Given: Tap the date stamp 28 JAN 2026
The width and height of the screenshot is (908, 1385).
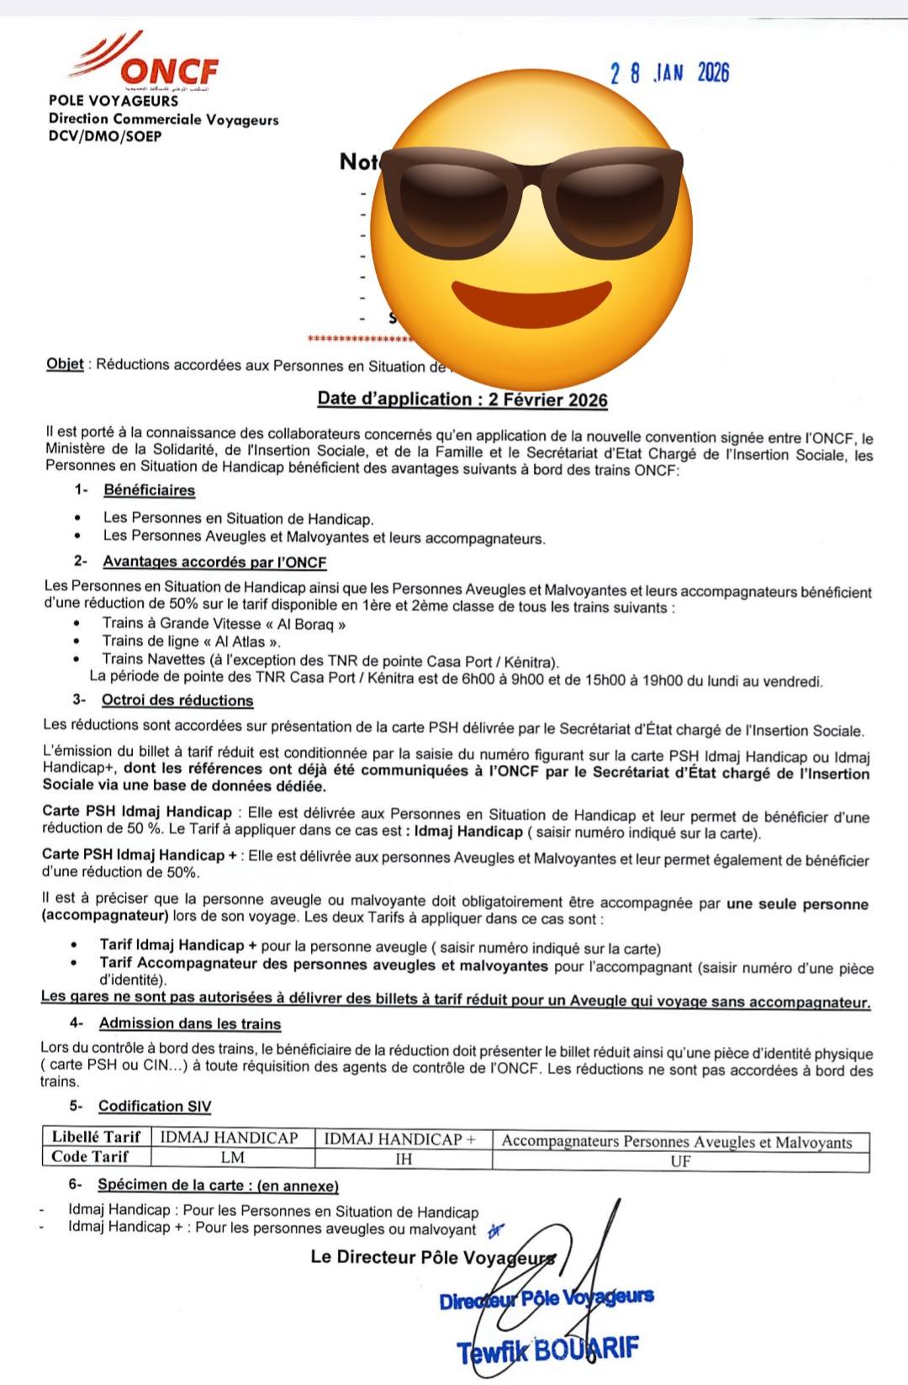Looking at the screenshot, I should pos(669,73).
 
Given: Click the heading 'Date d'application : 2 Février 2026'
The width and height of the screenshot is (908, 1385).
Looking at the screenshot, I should pos(462,399).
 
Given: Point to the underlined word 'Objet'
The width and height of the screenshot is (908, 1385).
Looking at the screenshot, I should pos(65,364).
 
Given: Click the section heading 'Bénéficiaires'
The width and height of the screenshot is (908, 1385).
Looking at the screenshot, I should pos(150,490).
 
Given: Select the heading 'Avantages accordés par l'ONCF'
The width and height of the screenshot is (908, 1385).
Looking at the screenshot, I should pos(214,562).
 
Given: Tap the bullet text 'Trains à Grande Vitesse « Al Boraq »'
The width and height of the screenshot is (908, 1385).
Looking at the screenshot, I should pos(224,624).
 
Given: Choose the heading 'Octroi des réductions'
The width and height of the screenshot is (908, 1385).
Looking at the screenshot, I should pos(177,700).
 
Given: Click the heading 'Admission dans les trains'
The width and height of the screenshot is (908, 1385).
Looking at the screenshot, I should pos(190,1024).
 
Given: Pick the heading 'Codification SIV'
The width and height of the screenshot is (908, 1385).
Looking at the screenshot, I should pos(155,1107).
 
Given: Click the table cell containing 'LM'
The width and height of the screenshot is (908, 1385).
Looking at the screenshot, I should pos(232,1158).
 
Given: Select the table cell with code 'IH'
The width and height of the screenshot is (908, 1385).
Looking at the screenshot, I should pos(404,1160).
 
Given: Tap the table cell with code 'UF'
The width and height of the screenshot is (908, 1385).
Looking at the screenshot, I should pos(680,1161).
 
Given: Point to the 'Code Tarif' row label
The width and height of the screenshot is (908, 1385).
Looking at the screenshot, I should pos(90,1157).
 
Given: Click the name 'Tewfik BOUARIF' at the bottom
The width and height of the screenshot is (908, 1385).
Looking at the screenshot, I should pos(548,1351).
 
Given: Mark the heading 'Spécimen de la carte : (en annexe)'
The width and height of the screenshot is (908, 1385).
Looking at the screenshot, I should pos(218,1187).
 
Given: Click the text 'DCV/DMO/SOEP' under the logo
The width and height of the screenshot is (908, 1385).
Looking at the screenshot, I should pos(105,136).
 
